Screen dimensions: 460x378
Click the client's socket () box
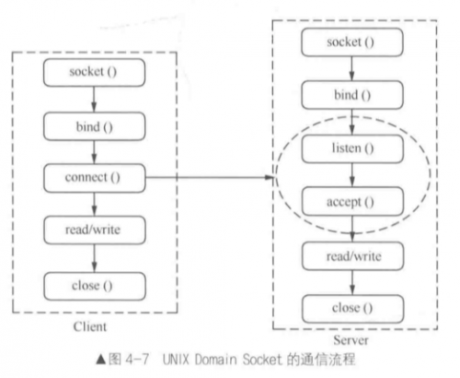pos(94,73)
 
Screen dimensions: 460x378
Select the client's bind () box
pos(94,126)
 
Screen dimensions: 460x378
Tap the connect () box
pos(95,178)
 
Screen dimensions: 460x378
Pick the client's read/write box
pos(95,230)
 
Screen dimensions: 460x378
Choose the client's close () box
pos(95,286)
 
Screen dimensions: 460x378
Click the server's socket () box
pos(352,42)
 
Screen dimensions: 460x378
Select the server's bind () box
pos(352,95)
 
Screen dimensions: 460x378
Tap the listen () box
pos(352,148)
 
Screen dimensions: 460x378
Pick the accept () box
pos(352,201)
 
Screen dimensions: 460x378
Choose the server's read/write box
pos(352,256)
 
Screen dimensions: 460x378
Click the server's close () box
pos(352,309)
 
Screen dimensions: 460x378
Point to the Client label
pos(90,326)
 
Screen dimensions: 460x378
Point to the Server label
pos(351,340)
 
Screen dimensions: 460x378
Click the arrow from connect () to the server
pos(209,177)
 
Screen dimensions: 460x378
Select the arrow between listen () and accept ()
pos(352,175)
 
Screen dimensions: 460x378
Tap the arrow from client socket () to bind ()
pos(94,100)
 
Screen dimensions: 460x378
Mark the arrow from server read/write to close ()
pos(352,282)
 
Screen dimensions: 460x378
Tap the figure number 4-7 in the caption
pos(137,359)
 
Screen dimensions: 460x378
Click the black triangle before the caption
pos(101,360)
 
